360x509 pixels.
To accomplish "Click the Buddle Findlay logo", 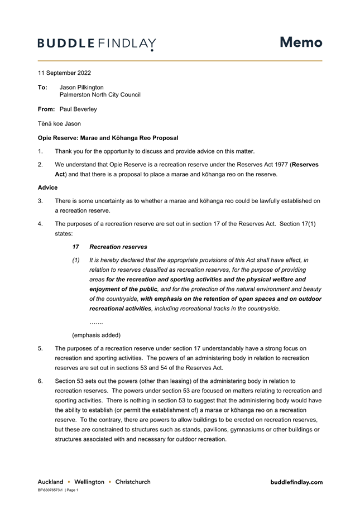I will (x=97, y=44).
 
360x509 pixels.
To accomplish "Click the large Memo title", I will (x=301, y=42).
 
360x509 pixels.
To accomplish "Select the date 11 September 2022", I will (x=64, y=73).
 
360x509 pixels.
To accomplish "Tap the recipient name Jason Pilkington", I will (x=81, y=88).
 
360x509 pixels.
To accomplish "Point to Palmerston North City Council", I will (x=100, y=95).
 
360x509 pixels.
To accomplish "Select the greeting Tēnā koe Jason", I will (x=59, y=124).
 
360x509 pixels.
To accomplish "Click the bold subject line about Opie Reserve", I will (x=108, y=138).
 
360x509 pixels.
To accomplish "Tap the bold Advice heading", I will (x=47, y=188).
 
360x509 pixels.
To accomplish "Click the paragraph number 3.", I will (x=40, y=201).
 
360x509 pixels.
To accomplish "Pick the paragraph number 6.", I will (x=40, y=381).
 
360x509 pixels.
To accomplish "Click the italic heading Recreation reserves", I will (x=118, y=247).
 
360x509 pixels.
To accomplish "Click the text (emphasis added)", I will (x=96, y=335).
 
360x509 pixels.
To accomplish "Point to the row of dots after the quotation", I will (x=96, y=323).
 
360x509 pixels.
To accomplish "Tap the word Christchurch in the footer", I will (x=133, y=482).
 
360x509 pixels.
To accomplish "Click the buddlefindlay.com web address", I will (x=296, y=482).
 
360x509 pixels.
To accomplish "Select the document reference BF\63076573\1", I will (x=50, y=490).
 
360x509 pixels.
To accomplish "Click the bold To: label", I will (x=42, y=88).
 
